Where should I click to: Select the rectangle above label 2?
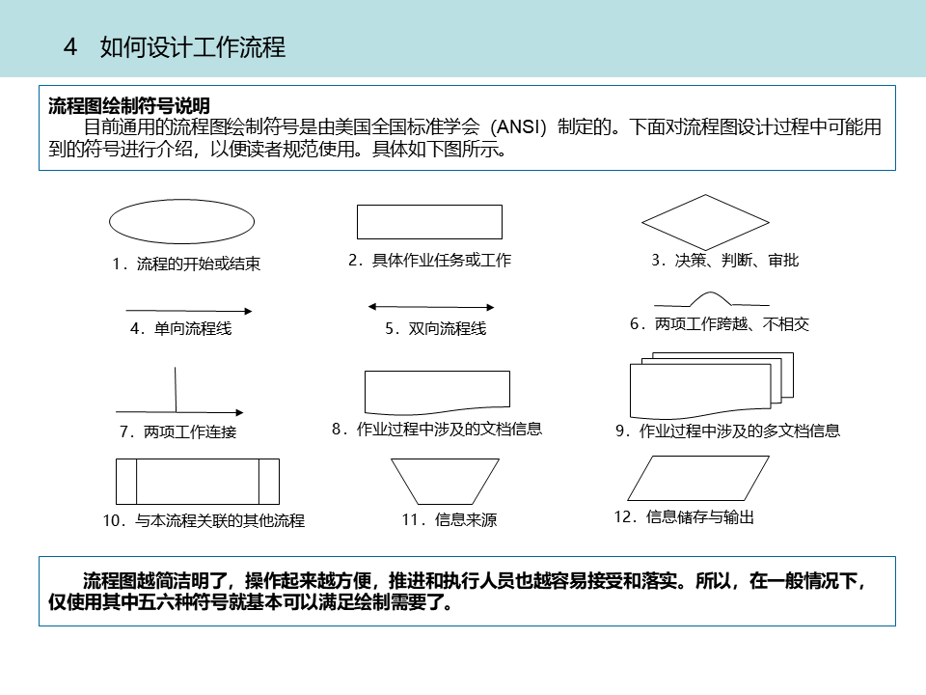click(429, 221)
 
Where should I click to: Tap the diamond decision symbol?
click(705, 222)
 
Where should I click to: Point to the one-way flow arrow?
click(189, 311)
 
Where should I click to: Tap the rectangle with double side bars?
click(197, 481)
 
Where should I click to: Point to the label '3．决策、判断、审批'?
click(724, 261)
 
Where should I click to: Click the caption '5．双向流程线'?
click(435, 329)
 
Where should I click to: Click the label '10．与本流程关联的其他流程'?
click(204, 521)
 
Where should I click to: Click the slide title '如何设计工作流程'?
click(193, 46)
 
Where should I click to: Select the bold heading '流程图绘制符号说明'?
click(129, 106)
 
